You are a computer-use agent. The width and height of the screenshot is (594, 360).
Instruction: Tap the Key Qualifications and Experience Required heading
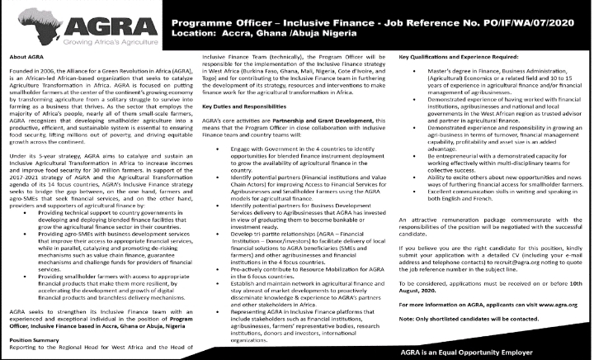click(x=465, y=56)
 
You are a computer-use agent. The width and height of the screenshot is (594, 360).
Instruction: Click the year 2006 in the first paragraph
click(x=44, y=73)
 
